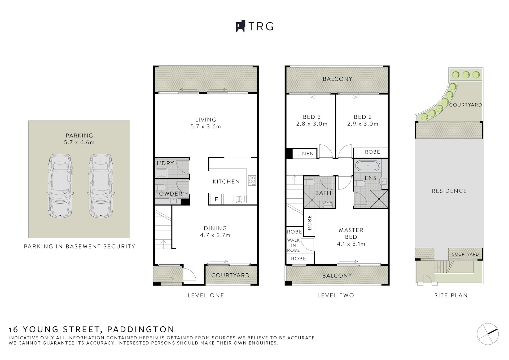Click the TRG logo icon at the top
pyautogui.click(x=240, y=26)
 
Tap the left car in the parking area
pyautogui.click(x=60, y=186)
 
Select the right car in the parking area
pyautogui.click(x=101, y=186)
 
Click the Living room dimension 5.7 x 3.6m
pyautogui.click(x=206, y=127)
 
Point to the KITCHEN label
pyautogui.click(x=226, y=181)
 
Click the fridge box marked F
pyautogui.click(x=216, y=199)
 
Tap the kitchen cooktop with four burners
pyautogui.click(x=252, y=180)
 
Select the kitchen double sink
pyautogui.click(x=239, y=199)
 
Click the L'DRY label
pyautogui.click(x=165, y=163)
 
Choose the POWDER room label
pyautogui.click(x=169, y=194)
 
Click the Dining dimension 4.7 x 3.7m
pyautogui.click(x=215, y=235)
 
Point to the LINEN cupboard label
pyautogui.click(x=305, y=153)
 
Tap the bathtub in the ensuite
pyautogui.click(x=368, y=166)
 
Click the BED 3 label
pyautogui.click(x=312, y=117)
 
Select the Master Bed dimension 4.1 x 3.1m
pyautogui.click(x=351, y=244)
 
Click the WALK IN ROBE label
pyautogui.click(x=293, y=245)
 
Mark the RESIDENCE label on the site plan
pyautogui.click(x=449, y=191)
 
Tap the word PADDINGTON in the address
pyautogui.click(x=141, y=330)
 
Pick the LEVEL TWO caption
pyautogui.click(x=336, y=295)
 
